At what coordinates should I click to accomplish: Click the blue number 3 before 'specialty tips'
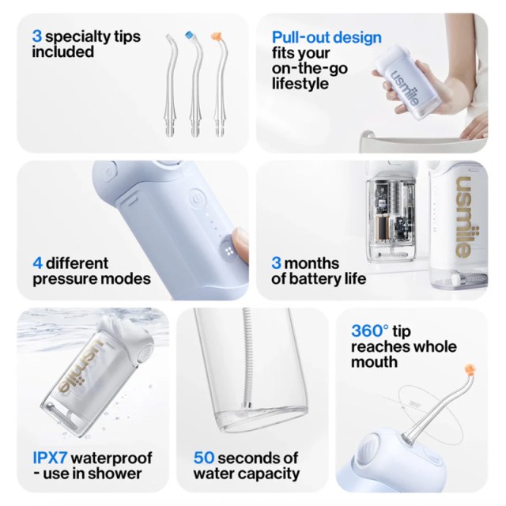tap(37, 36)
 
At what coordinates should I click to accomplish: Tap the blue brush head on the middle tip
tap(190, 35)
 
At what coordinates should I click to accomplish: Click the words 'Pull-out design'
tap(327, 38)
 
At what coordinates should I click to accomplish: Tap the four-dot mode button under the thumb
tap(229, 251)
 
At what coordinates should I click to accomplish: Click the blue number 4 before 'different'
tap(37, 263)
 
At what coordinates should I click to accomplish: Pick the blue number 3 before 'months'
tap(276, 263)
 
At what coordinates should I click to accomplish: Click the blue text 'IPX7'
tap(50, 458)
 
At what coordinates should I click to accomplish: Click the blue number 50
tap(204, 458)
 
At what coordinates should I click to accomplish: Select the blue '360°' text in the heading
tap(370, 331)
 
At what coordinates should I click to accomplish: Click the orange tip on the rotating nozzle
tap(470, 370)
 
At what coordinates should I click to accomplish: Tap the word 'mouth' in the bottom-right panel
tap(374, 362)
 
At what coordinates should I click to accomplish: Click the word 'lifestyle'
tap(300, 85)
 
